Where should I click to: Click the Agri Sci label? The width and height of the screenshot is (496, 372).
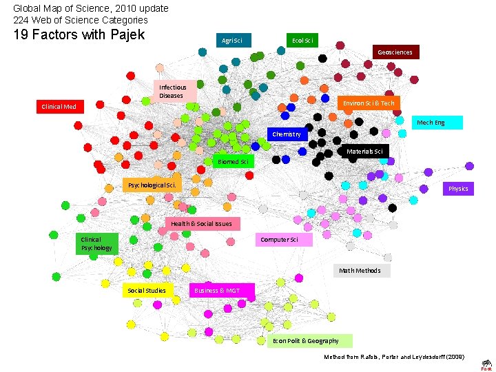tap(232, 41)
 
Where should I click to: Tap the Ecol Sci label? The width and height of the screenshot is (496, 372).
tap(302, 41)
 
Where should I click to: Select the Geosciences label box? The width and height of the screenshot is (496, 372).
tap(395, 52)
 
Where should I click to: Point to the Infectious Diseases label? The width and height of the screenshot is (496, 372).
tap(173, 92)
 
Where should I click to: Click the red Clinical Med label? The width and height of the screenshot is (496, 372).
tap(59, 107)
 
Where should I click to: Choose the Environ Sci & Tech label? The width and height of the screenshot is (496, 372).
tap(369, 103)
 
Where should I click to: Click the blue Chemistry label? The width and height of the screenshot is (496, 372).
tap(287, 134)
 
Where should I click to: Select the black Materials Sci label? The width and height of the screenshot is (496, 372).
tap(365, 151)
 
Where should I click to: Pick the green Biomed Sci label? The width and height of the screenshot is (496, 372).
tap(233, 162)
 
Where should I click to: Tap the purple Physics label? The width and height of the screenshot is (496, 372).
tap(458, 189)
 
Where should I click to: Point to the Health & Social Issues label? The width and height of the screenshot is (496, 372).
tap(202, 224)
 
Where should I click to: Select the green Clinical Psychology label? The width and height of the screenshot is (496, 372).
tap(96, 244)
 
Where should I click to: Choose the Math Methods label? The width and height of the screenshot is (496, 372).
tap(360, 271)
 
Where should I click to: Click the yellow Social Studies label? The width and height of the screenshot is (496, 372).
tap(147, 291)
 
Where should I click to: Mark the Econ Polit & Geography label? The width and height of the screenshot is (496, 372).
tap(308, 341)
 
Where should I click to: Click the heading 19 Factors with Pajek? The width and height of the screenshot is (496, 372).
tap(79, 34)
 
